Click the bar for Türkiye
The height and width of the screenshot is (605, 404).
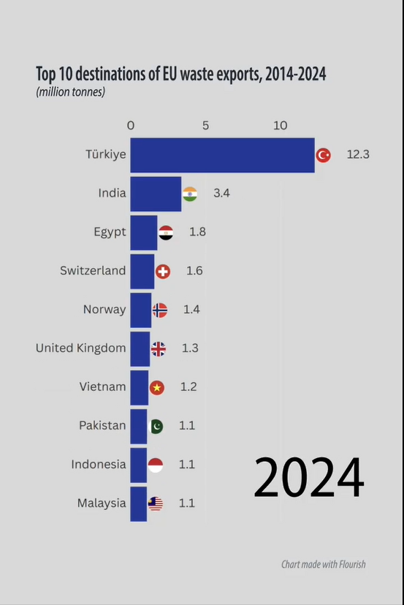[222, 155]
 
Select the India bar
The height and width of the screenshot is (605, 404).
[156, 194]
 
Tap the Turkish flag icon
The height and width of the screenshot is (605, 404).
[323, 155]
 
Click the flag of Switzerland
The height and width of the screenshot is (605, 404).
[162, 271]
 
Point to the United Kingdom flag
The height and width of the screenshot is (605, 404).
[159, 349]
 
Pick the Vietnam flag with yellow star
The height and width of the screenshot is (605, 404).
[156, 387]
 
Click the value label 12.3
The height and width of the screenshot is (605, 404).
[358, 155]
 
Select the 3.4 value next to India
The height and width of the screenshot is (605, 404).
[222, 194]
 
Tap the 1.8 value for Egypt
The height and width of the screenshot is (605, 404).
[197, 232]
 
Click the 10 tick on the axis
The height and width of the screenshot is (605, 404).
[281, 125]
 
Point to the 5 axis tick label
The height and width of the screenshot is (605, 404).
[205, 125]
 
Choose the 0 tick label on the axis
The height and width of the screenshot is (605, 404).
[131, 125]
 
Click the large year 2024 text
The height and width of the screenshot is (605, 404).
[308, 478]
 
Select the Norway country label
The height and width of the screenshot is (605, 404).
[104, 310]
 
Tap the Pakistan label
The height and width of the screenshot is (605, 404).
[102, 425]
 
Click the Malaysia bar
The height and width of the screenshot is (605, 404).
[139, 503]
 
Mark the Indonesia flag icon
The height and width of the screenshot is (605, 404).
[155, 465]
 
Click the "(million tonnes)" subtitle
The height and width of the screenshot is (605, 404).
[71, 92]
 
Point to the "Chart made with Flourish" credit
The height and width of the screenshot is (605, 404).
[324, 564]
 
